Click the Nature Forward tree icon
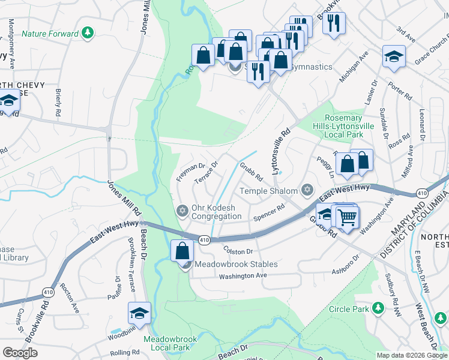pyautogui.click(x=88, y=32)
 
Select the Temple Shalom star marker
pyautogui.click(x=307, y=191)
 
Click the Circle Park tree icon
pyautogui.click(x=378, y=308)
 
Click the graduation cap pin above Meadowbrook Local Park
pyautogui.click(x=139, y=313)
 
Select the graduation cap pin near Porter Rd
pyautogui.click(x=394, y=57)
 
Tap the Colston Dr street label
pyautogui.click(x=239, y=251)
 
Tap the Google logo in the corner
pyautogui.click(x=20, y=353)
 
